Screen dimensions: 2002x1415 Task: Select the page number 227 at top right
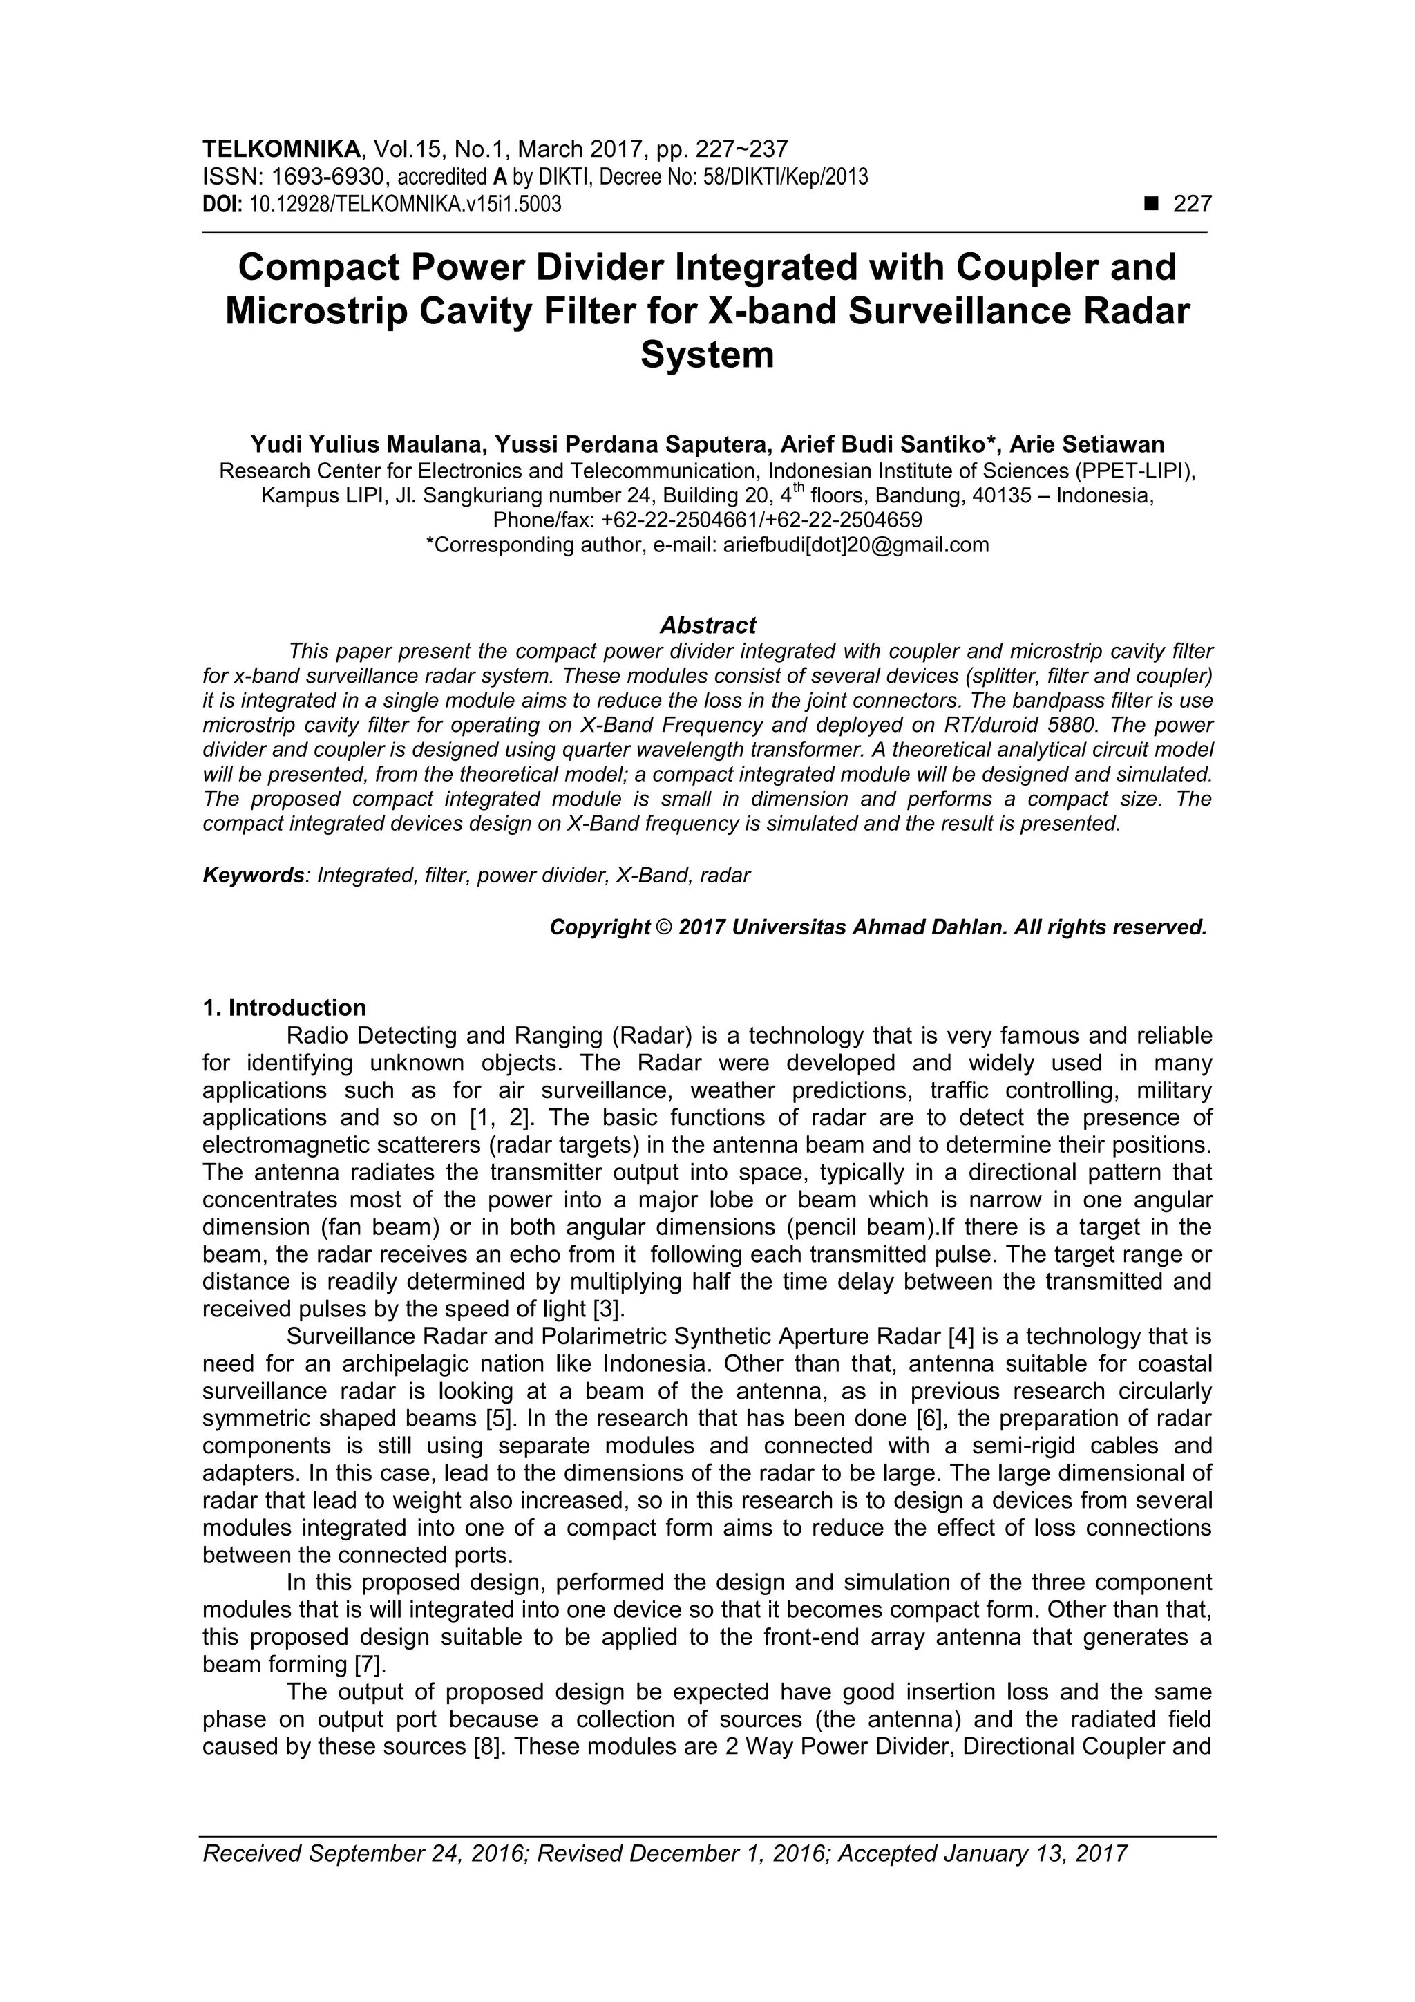[x=1192, y=204]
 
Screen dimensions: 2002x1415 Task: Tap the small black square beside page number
[x=1152, y=204]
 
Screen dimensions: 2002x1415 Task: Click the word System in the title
[x=707, y=355]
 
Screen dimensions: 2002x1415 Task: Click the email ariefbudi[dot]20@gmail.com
[x=856, y=545]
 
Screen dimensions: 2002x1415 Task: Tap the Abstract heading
[x=707, y=625]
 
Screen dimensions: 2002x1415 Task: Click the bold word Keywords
[x=253, y=876]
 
